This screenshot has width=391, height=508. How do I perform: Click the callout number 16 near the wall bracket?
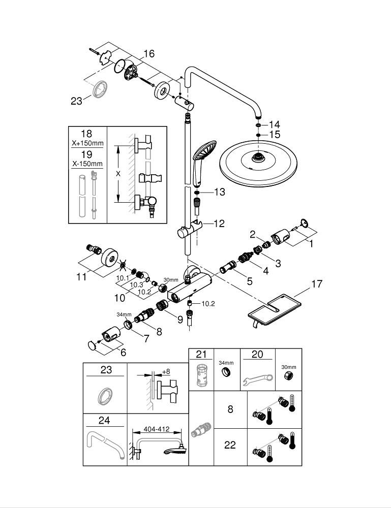[148, 53]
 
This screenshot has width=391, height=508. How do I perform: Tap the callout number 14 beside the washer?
[275, 124]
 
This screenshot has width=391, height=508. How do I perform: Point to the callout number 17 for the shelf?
[317, 284]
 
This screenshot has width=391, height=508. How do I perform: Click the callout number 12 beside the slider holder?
[219, 223]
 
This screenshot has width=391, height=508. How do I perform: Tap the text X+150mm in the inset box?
[86, 143]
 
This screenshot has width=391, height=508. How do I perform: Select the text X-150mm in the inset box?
[86, 164]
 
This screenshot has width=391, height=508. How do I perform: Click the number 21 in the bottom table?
[201, 354]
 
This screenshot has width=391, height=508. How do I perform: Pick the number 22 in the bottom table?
[230, 444]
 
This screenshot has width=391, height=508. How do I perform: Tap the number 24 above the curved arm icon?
[105, 420]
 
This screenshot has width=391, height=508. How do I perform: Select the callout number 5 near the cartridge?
[250, 280]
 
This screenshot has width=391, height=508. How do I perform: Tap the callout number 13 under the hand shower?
[219, 192]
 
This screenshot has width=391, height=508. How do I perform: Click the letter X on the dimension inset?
[118, 173]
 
